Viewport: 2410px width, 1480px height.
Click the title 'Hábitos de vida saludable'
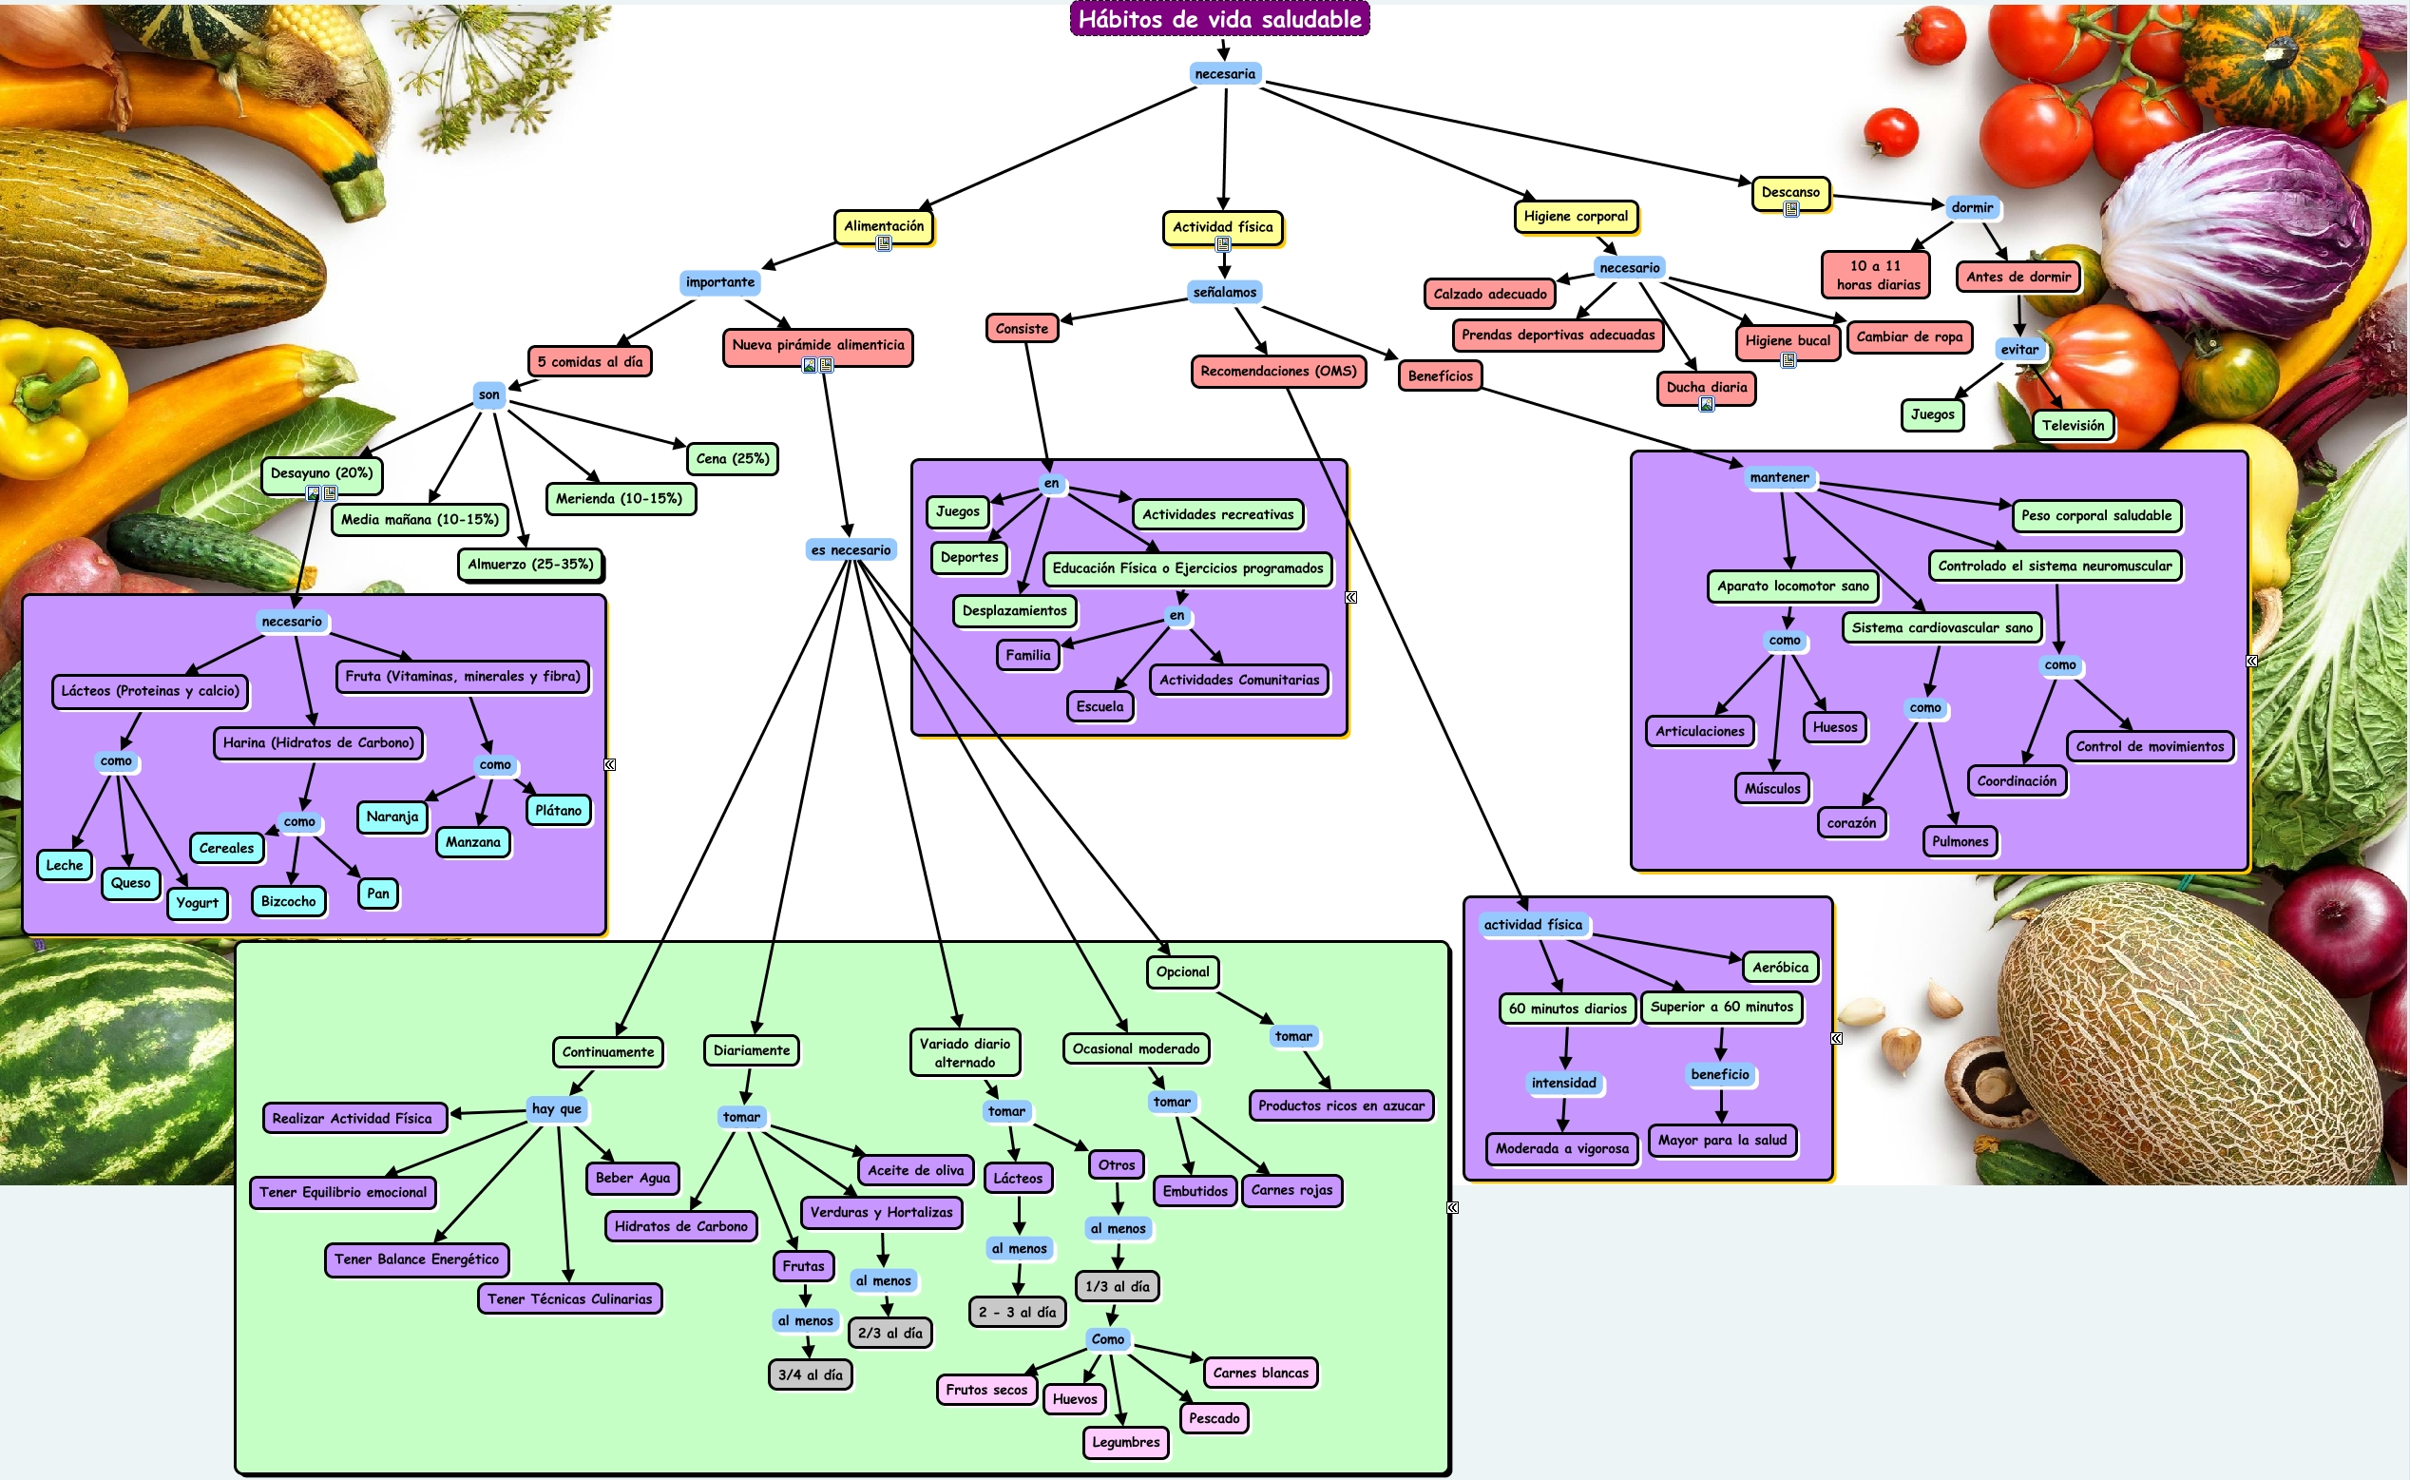[1219, 20]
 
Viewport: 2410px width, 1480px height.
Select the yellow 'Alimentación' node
[884, 226]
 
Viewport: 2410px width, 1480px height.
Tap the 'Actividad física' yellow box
[1222, 227]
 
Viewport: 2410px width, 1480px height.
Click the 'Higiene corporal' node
[1576, 217]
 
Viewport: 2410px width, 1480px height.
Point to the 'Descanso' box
[1790, 193]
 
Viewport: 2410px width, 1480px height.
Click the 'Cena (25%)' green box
[732, 459]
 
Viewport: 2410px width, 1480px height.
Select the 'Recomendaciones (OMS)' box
[1278, 372]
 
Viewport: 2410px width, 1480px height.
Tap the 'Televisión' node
[2073, 426]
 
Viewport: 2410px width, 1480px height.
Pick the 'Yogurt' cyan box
[198, 903]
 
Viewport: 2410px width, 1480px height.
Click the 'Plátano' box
[559, 811]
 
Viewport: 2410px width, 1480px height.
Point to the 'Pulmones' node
[1960, 842]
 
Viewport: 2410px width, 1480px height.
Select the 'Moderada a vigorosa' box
[1561, 1149]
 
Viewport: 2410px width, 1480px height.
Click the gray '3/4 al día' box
[811, 1375]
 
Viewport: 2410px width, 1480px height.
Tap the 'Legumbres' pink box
[1125, 1443]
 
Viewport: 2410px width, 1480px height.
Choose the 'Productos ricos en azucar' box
[1341, 1106]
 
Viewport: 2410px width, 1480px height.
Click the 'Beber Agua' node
[633, 1179]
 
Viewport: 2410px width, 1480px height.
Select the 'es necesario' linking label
[851, 550]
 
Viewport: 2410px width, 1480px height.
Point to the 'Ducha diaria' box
[1707, 388]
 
